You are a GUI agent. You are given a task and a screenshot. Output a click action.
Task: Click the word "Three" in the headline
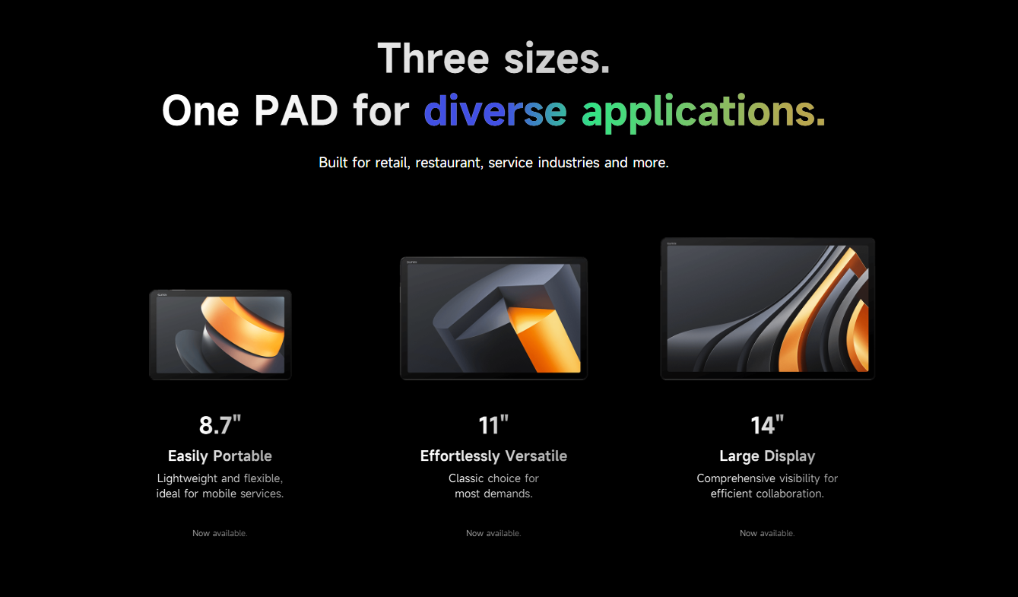pos(433,58)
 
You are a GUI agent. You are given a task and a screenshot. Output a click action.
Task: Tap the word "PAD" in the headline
pos(296,110)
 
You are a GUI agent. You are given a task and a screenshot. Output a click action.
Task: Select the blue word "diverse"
pos(496,110)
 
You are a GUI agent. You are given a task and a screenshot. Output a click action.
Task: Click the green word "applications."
pos(703,113)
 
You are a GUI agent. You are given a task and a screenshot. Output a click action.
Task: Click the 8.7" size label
pos(220,425)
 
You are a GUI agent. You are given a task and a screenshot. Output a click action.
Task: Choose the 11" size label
pos(493,425)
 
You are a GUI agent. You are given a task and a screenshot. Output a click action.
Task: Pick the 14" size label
pos(767,425)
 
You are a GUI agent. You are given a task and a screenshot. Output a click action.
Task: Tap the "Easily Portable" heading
pos(220,456)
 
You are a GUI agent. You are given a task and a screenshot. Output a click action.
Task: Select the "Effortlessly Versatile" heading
pos(493,456)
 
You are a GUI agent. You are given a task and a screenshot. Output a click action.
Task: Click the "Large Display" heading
pos(767,456)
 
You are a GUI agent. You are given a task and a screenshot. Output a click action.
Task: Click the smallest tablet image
pos(220,335)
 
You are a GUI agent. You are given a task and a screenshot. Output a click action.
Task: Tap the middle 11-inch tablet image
pos(493,319)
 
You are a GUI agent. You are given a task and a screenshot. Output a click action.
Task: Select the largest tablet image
pos(768,309)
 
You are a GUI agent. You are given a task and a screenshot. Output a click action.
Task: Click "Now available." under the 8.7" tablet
pos(220,533)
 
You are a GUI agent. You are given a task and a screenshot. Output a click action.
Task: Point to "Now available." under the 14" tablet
pos(767,533)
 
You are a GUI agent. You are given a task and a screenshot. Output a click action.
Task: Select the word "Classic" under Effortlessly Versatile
pos(466,478)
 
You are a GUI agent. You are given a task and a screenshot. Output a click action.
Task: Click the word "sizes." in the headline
pos(557,59)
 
